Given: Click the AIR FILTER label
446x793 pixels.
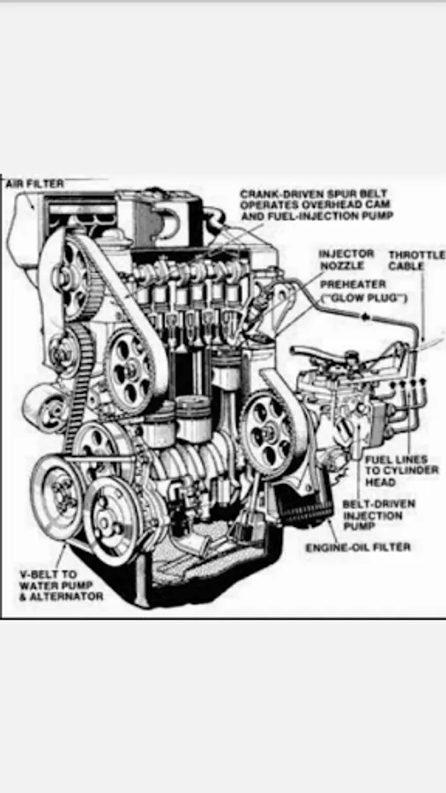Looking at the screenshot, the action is click(35, 183).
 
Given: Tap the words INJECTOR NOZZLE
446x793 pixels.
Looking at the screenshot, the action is click(346, 259).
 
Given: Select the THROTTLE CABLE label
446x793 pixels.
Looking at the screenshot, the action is click(416, 260).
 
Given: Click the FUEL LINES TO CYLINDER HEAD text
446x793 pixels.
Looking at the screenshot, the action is click(402, 471).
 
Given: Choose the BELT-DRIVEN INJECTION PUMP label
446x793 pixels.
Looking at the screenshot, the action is click(379, 515).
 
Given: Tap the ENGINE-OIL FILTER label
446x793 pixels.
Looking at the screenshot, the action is click(358, 547).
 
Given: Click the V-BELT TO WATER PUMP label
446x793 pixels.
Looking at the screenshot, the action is click(56, 580).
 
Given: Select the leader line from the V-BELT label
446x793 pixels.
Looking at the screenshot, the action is click(61, 555).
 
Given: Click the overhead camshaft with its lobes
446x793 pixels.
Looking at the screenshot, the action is click(192, 272).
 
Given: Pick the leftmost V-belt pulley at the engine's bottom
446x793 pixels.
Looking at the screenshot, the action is click(57, 496).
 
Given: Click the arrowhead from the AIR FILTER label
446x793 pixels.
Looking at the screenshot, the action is click(32, 206).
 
